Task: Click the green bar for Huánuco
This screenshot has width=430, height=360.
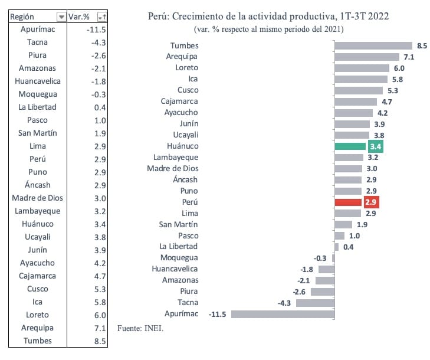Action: [349, 146]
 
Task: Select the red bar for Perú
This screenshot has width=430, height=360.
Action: [348, 202]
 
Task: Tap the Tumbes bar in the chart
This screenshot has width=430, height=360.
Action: [373, 45]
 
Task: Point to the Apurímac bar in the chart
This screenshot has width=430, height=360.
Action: [283, 313]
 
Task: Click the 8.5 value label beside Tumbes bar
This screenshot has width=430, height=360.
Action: [422, 45]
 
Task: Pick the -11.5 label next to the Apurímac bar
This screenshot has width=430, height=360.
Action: [218, 314]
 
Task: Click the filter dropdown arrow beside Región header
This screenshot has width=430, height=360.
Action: [61, 17]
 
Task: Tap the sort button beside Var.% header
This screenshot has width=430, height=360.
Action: [103, 17]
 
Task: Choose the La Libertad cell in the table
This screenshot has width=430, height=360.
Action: [37, 107]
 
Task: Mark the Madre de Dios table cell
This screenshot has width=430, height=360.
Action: [37, 198]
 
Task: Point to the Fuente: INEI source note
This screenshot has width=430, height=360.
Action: [140, 328]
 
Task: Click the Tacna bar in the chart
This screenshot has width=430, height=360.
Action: [315, 302]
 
